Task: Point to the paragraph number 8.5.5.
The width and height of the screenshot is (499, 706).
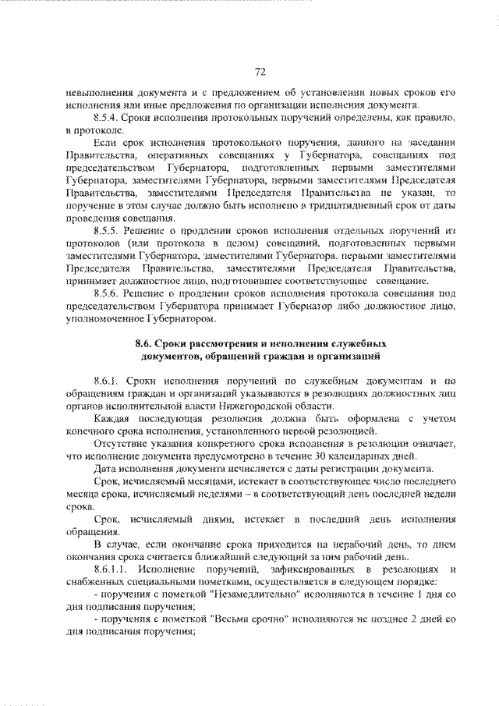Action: pos(107,232)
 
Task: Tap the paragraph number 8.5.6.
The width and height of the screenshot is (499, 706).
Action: pos(107,291)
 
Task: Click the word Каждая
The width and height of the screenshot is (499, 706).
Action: pos(112,420)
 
